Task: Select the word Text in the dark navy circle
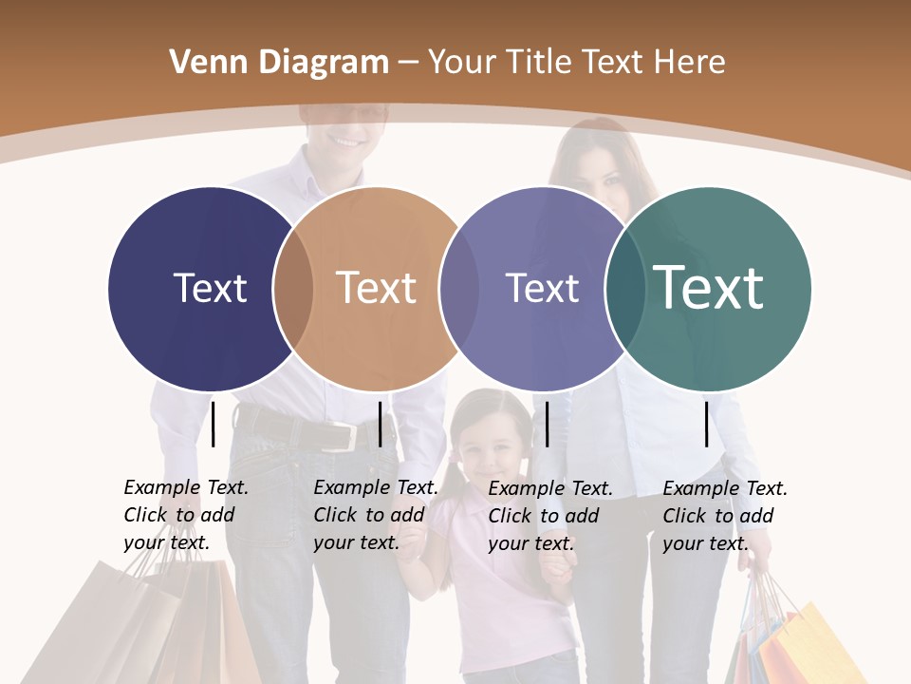210,288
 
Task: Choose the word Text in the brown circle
376,288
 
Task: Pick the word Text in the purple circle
542,288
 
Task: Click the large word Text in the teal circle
708,287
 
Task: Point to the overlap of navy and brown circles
293,289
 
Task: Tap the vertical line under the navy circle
213,424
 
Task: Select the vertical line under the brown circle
380,424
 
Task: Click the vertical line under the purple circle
547,424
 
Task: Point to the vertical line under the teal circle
707,424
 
